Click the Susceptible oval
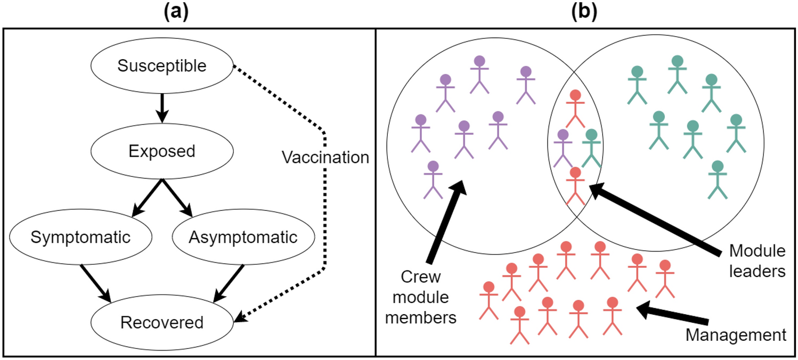pos(162,67)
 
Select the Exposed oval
pos(162,152)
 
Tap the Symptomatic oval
pos(80,237)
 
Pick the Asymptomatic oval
pos(243,237)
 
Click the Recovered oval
pos(162,322)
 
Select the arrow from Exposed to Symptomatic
pos(146,198)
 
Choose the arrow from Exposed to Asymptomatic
pos(178,198)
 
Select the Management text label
pos(736,335)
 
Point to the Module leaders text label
pos(756,261)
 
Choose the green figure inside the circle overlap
pos(591,147)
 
